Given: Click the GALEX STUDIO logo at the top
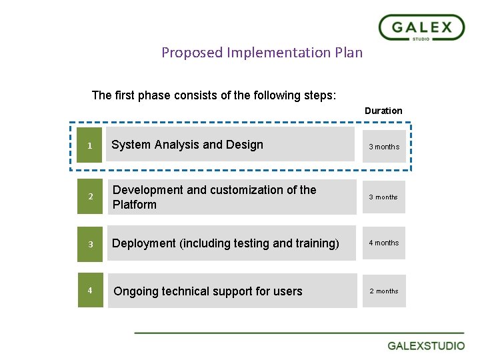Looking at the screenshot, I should click(421, 28).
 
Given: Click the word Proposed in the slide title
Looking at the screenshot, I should click(191, 53).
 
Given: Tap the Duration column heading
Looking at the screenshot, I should click(383, 111).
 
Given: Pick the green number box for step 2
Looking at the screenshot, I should click(90, 197).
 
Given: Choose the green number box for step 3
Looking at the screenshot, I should click(90, 244).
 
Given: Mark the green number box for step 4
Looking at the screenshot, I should click(90, 290).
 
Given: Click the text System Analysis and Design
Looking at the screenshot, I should click(187, 145).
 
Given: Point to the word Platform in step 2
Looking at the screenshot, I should click(135, 205).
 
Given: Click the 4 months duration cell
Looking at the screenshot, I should click(384, 243).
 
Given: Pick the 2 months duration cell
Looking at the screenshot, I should click(384, 291).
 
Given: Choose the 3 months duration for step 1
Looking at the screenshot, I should click(384, 147).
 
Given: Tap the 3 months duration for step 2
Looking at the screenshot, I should click(384, 197).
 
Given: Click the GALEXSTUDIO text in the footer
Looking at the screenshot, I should click(427, 346).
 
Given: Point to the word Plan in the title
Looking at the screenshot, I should click(349, 53).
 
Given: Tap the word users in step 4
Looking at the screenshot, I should click(288, 291).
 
